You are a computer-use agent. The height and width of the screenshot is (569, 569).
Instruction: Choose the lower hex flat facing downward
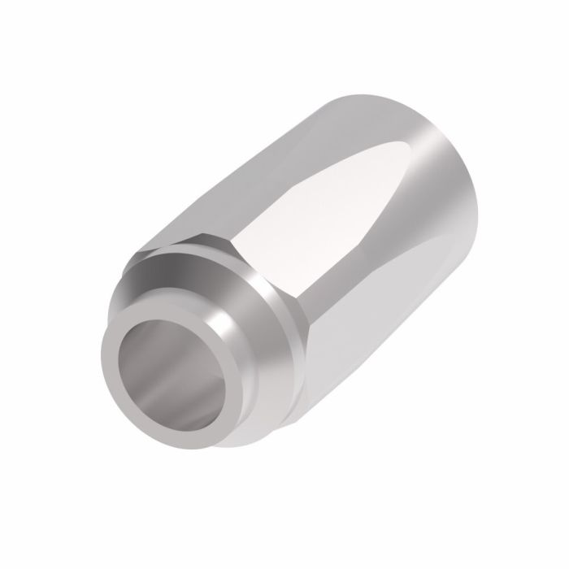341,358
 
